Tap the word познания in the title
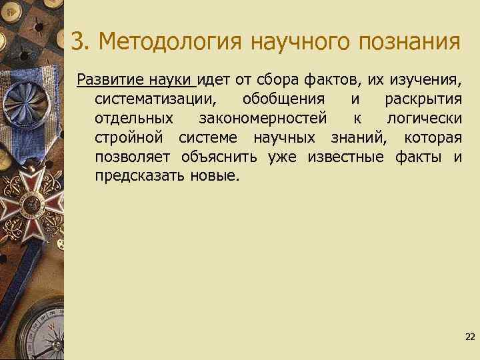click(409, 42)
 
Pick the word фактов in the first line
click(333, 81)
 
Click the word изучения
click(426, 81)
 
